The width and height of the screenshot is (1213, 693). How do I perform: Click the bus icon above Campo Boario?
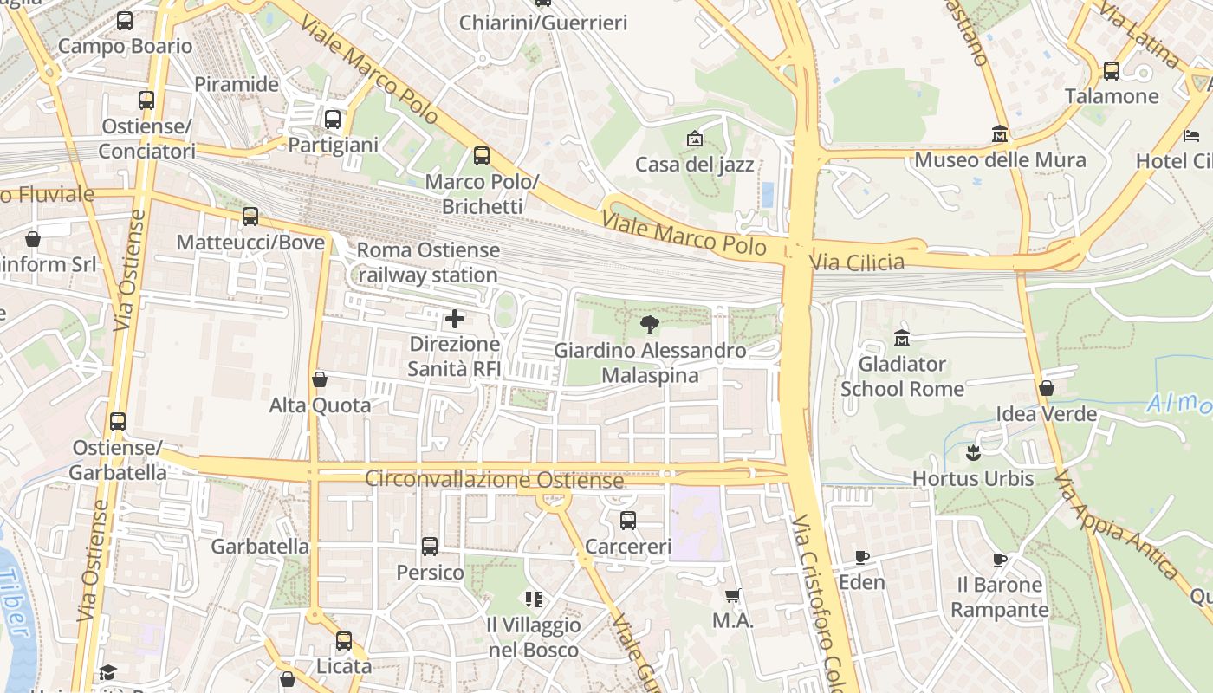click(125, 21)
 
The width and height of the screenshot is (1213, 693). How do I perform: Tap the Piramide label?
click(237, 84)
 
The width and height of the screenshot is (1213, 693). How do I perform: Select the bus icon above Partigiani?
click(333, 120)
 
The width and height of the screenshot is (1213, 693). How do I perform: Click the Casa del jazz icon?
click(694, 139)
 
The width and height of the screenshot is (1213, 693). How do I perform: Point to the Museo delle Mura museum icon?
click(1000, 134)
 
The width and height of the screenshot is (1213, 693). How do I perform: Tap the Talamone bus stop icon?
click(1112, 71)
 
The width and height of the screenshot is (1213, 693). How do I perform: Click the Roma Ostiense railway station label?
click(428, 262)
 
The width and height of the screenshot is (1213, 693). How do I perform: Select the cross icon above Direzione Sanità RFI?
click(454, 319)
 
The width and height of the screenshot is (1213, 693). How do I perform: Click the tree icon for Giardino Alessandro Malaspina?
click(649, 326)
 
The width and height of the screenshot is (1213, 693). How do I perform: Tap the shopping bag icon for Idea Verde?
click(1047, 388)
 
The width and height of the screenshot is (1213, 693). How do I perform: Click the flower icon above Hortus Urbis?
click(973, 452)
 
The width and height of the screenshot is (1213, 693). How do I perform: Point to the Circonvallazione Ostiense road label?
click(494, 479)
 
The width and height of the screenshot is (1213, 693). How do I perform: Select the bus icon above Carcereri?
click(628, 521)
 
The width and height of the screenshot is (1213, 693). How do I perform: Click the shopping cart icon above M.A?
click(733, 595)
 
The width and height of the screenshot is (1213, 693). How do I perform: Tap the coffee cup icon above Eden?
click(861, 557)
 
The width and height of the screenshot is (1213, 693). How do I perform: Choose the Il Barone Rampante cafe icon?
click(1000, 560)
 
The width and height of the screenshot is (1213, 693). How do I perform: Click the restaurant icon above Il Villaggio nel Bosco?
click(533, 599)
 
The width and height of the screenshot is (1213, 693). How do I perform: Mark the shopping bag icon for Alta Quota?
click(320, 379)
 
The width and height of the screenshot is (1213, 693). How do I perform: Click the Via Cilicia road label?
click(856, 262)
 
